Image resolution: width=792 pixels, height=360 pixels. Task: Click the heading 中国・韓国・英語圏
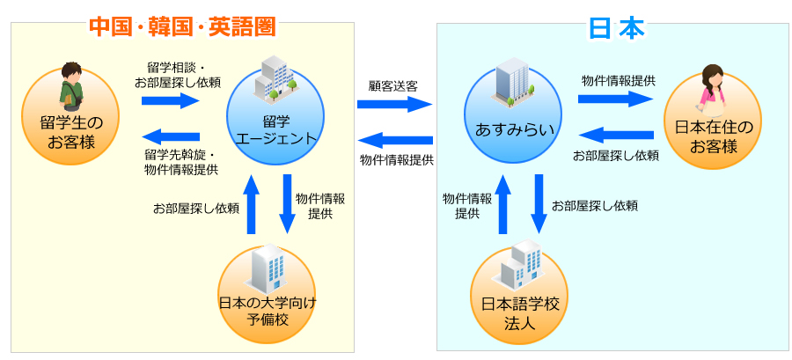[183, 26]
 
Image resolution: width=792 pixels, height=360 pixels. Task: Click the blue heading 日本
[617, 29]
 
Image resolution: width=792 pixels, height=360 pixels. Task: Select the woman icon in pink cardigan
[711, 91]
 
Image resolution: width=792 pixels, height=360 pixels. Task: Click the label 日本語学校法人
[517, 313]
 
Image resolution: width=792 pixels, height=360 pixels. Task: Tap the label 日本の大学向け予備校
[268, 312]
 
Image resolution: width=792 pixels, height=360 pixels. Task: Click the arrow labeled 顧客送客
[394, 104]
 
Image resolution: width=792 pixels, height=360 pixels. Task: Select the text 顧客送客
[392, 85]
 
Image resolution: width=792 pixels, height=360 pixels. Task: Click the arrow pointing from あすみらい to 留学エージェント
[394, 140]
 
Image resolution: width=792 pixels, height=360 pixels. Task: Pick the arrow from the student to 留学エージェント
[171, 100]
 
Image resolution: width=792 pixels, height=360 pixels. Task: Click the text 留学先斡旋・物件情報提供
[180, 162]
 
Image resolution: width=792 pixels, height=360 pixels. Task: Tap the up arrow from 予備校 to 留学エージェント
[252, 204]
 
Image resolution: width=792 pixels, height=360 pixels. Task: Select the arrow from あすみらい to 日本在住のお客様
[616, 99]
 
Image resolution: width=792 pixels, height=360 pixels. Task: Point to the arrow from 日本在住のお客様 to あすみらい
[616, 135]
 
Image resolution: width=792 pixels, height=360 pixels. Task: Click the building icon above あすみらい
[511, 84]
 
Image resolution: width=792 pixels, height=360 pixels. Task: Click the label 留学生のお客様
[71, 133]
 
